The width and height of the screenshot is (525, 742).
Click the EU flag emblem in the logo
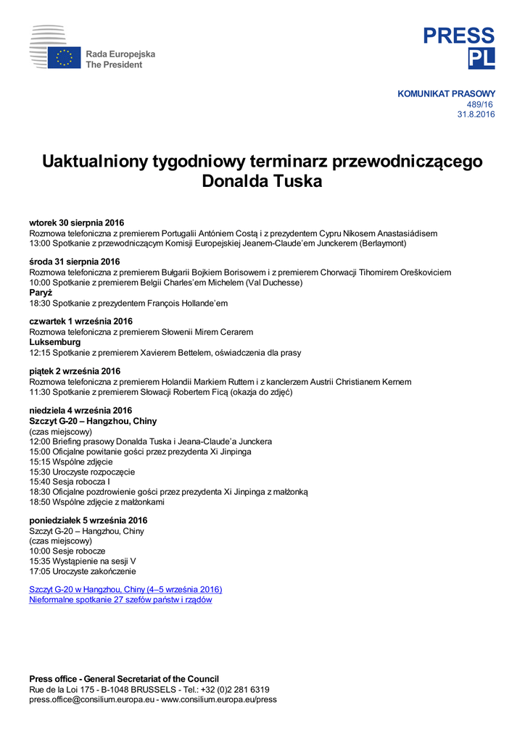pos(65,58)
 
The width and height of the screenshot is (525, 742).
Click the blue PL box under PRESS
pos(481,59)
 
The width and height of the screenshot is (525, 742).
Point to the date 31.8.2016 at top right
pos(476,114)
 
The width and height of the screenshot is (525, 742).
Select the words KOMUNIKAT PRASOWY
pos(446,93)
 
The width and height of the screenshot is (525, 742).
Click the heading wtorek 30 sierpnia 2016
pos(77,223)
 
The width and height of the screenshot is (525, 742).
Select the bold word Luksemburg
pos(55,342)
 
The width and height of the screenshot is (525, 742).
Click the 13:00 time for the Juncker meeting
pos(40,243)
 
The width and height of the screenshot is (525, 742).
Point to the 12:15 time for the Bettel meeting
pos(40,353)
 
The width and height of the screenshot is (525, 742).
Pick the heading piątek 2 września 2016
pos(75,371)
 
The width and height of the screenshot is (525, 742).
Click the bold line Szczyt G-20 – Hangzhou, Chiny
pos(93,421)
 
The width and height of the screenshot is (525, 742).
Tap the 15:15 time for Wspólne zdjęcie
pos(40,462)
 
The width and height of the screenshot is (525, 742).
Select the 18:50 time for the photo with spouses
pos(40,502)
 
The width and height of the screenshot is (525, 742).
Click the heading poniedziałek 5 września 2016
pos(88,520)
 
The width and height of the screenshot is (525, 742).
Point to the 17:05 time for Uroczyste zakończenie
pos(40,571)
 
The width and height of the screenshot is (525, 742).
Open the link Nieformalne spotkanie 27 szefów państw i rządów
pos(120,600)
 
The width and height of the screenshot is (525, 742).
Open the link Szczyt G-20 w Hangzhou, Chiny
pos(125,590)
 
